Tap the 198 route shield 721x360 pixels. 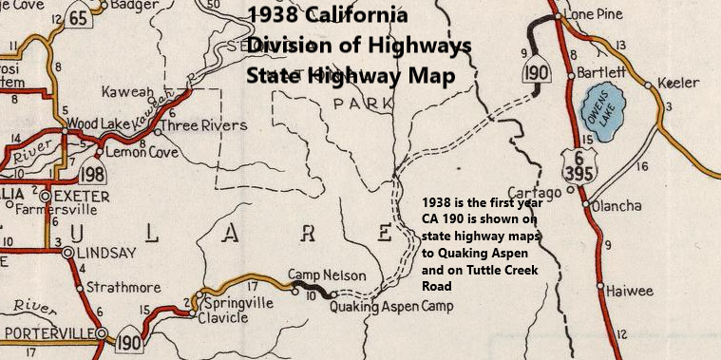coord(92,174)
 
